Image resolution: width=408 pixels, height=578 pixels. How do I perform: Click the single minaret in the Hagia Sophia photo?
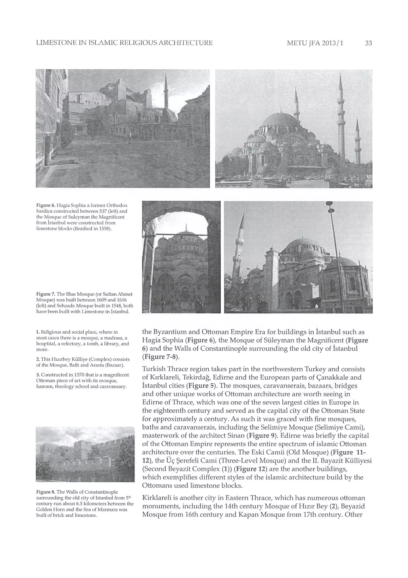[x=166, y=93]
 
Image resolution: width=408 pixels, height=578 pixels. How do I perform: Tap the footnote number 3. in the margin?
[x=38, y=375]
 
